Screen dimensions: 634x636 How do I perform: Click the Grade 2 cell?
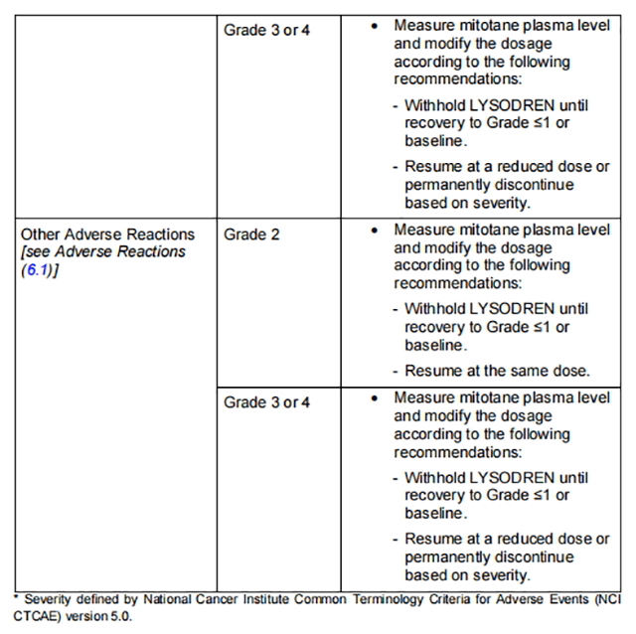click(x=251, y=235)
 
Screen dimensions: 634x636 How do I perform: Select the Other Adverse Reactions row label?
click(x=107, y=235)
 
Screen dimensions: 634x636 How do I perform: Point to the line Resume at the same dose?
click(x=497, y=371)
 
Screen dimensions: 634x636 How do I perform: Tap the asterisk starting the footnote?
click(x=17, y=600)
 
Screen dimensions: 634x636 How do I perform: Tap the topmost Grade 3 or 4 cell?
click(x=266, y=30)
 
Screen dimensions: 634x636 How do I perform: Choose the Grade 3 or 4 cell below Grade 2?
click(x=266, y=402)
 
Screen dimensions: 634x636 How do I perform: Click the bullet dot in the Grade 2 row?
click(x=375, y=230)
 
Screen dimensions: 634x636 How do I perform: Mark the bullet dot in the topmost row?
click(x=375, y=25)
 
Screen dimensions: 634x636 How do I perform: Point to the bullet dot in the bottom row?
click(x=375, y=397)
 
